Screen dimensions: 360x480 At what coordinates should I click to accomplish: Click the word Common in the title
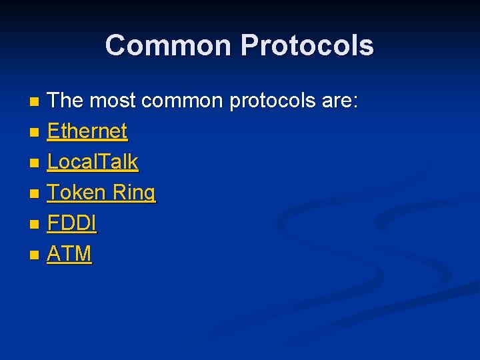pyautogui.click(x=169, y=45)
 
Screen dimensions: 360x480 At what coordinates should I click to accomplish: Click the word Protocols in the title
pyautogui.click(x=307, y=45)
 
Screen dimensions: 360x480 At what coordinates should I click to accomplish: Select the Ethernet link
pyautogui.click(x=87, y=131)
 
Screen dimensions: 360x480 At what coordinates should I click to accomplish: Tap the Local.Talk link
pyautogui.click(x=92, y=162)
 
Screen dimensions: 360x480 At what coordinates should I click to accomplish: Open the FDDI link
pyautogui.click(x=71, y=223)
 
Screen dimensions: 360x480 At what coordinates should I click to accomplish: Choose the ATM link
pyautogui.click(x=69, y=254)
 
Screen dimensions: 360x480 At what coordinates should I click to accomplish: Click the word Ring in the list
pyautogui.click(x=134, y=193)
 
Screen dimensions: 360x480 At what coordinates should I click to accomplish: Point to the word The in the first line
pyautogui.click(x=65, y=101)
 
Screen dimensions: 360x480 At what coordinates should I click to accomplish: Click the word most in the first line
pyautogui.click(x=112, y=101)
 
